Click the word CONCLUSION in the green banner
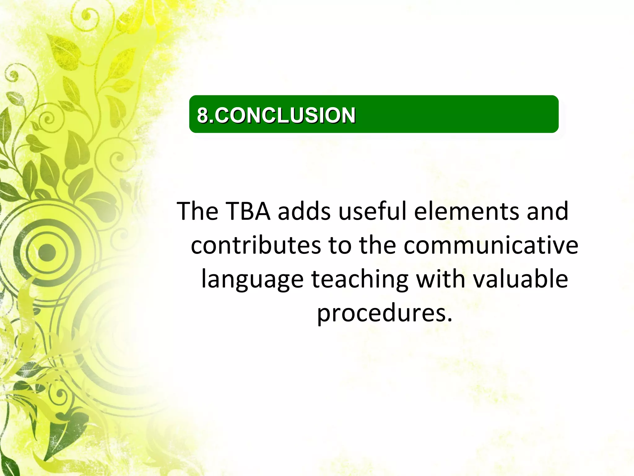(285, 115)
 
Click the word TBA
(248, 211)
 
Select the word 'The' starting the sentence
(198, 211)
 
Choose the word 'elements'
(467, 211)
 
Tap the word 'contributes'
(256, 245)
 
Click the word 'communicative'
(491, 245)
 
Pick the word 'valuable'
(521, 279)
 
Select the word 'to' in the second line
(340, 245)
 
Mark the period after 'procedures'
(449, 320)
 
